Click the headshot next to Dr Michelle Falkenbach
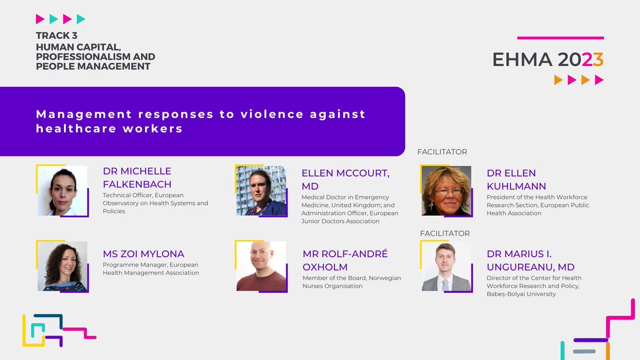[x=62, y=190]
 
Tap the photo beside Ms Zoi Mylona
[x=62, y=266]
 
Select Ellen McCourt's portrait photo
[x=261, y=190]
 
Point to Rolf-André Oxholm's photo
[x=261, y=266]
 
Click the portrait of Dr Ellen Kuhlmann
[x=446, y=190]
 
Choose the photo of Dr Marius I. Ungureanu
[x=446, y=266]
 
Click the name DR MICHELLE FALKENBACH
[x=137, y=178]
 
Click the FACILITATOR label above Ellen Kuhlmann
[x=442, y=152]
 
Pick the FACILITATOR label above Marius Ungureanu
[x=445, y=233]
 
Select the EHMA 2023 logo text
[x=548, y=60]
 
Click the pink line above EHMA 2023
[x=561, y=38]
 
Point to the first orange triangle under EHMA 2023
[x=558, y=80]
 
